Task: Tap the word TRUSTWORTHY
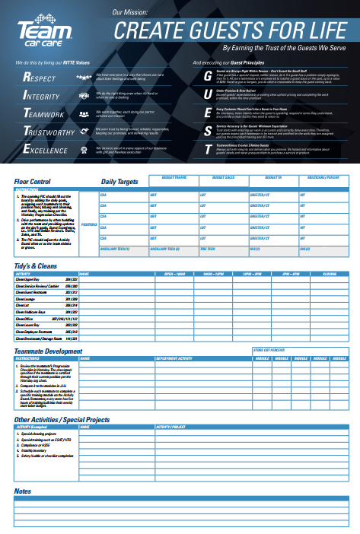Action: click(49, 132)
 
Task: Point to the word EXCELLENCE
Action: click(46, 151)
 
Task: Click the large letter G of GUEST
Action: click(208, 77)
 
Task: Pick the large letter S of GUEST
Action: click(208, 131)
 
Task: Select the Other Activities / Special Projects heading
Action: click(62, 419)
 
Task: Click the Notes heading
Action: click(22, 491)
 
